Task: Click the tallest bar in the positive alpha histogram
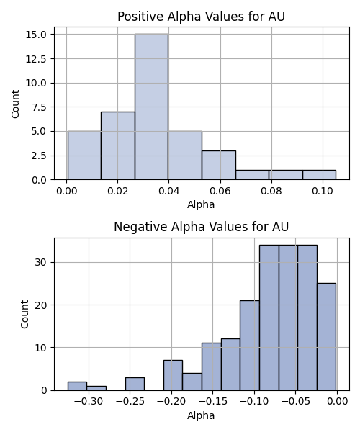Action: point(151,107)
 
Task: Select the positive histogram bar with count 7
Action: point(118,145)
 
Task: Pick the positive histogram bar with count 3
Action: point(219,165)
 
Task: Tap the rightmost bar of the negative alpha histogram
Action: point(326,337)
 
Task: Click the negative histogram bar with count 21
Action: point(250,346)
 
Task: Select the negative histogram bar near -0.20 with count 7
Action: point(173,375)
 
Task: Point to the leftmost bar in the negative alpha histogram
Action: point(77,386)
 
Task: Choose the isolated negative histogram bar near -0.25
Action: point(135,384)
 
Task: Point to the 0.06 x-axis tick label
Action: point(220,191)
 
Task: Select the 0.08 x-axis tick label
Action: point(271,191)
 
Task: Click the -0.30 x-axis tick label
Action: point(89,402)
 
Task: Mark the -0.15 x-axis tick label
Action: point(212,402)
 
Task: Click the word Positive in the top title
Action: point(140,17)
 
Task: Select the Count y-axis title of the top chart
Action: point(15,104)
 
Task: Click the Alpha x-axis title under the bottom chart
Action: point(201,415)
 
